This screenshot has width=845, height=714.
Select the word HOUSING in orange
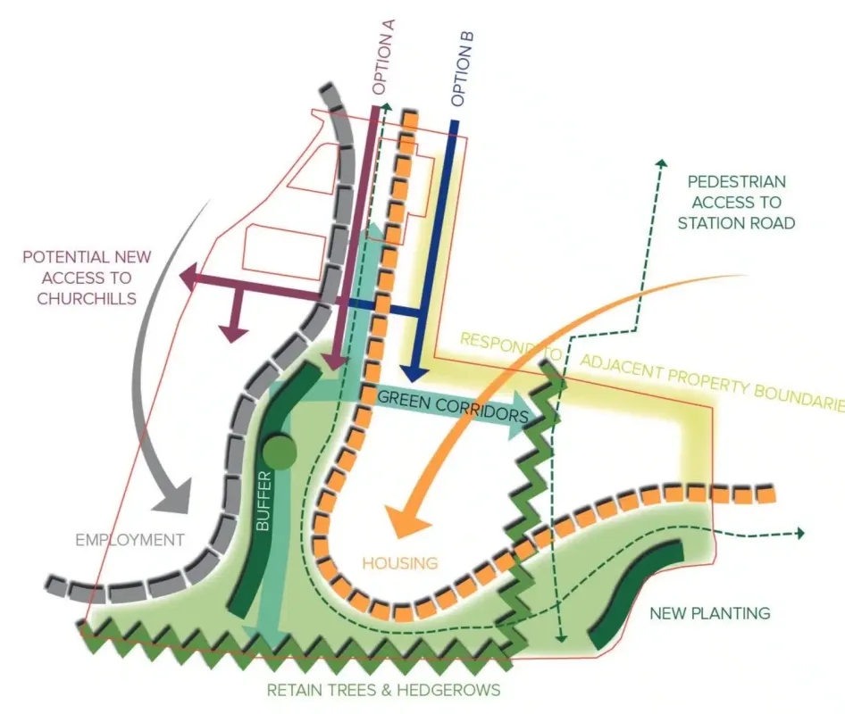[x=399, y=562]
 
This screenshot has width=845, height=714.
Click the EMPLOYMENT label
[x=130, y=540]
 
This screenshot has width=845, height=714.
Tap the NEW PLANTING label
[x=709, y=613]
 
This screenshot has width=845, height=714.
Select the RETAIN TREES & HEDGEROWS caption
[x=383, y=690]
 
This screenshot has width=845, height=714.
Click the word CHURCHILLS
[x=87, y=298]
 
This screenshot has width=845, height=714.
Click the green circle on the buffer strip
[x=280, y=452]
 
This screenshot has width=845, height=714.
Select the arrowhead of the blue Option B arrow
[x=413, y=369]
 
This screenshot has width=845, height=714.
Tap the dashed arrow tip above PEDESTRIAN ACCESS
[x=662, y=163]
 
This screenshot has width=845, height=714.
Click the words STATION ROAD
[x=736, y=223]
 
